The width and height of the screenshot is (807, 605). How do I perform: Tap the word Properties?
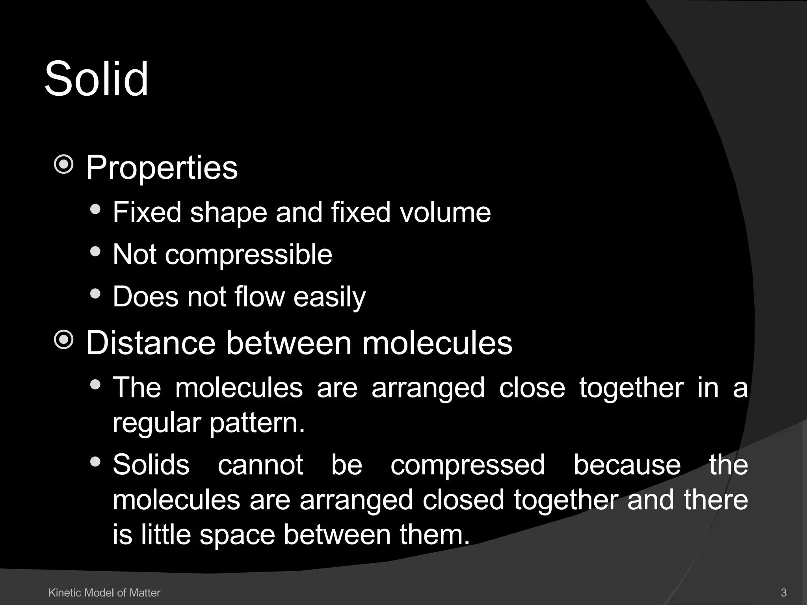162,168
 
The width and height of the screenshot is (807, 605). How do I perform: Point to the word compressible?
248,255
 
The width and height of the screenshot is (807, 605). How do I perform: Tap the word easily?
329,297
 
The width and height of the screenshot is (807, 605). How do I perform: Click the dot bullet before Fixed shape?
95,209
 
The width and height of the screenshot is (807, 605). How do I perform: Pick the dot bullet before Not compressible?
95,251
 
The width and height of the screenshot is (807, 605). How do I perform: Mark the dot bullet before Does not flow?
95,293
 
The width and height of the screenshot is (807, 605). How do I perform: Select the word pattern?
257,423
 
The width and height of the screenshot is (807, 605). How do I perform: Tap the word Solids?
151,465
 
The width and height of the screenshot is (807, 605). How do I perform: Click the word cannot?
260,465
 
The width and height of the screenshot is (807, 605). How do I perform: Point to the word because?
627,465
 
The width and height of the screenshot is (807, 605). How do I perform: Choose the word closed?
463,500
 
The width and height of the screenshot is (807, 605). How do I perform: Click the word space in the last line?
237,535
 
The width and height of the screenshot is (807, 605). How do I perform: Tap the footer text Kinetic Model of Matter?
104,592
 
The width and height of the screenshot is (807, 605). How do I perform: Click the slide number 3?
783,592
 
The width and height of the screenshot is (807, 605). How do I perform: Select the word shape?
229,213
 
